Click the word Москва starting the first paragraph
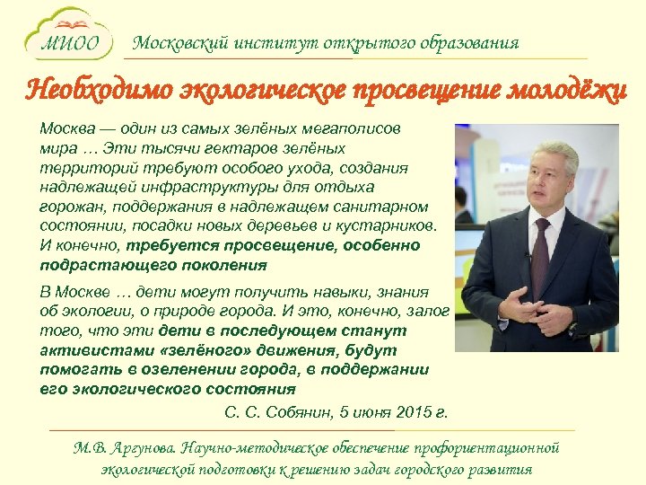pyautogui.click(x=65, y=129)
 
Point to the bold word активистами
pyautogui.click(x=83, y=349)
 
